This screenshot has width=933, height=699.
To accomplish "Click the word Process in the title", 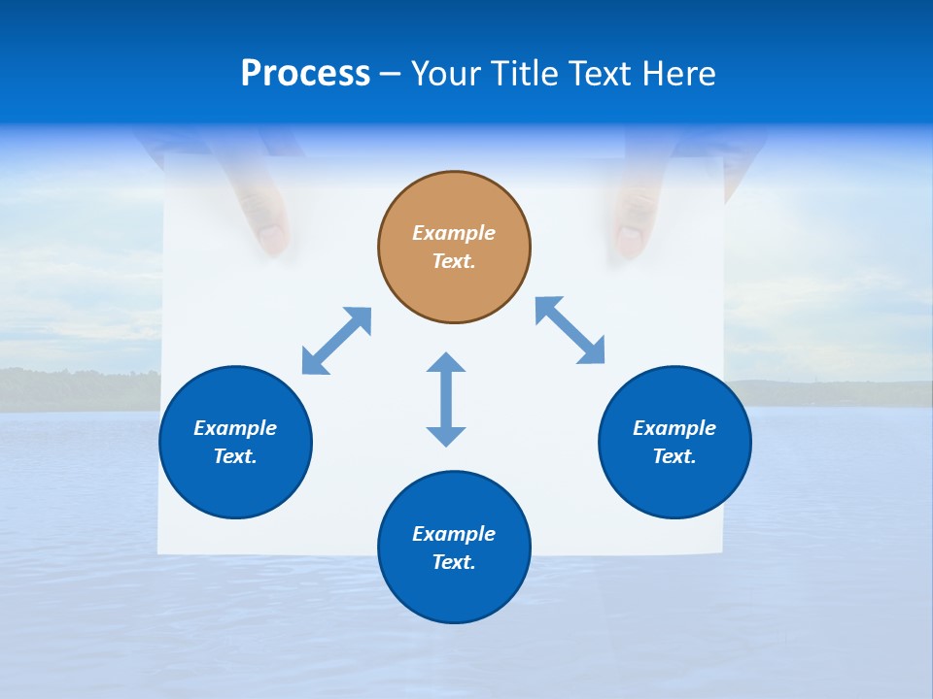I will click(x=305, y=74).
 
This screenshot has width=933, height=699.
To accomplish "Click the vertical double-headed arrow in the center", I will click(x=446, y=399).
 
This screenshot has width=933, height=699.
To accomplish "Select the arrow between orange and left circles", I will click(x=336, y=341).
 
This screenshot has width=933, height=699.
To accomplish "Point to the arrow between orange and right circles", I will click(x=570, y=330).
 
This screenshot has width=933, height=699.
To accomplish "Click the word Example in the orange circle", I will click(x=454, y=233).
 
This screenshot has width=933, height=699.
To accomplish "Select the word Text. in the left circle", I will click(x=235, y=456).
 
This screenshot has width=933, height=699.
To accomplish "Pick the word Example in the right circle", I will click(x=674, y=428).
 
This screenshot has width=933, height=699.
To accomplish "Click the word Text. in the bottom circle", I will click(x=454, y=562).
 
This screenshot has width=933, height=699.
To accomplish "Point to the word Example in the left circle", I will click(x=235, y=428).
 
